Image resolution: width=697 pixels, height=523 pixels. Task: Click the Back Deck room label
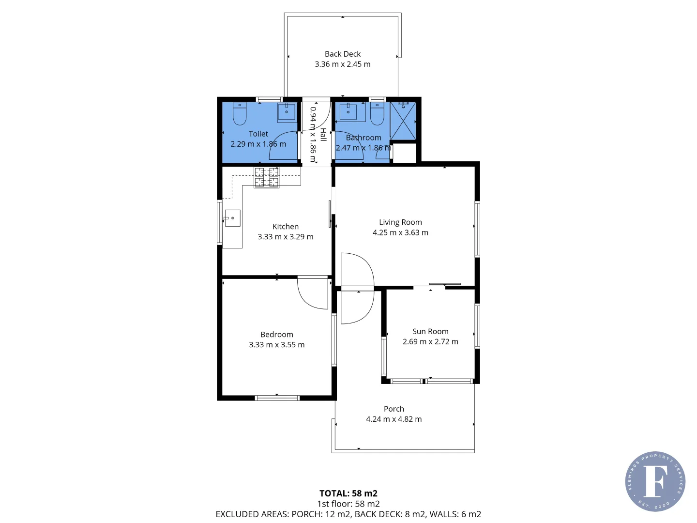[x=343, y=54]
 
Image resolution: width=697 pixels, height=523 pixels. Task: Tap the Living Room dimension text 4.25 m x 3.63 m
[x=400, y=232]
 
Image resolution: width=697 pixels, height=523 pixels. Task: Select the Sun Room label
[x=430, y=331]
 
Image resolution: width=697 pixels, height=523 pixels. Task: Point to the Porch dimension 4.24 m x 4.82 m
[x=394, y=419]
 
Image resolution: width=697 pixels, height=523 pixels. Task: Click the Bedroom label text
[x=276, y=335]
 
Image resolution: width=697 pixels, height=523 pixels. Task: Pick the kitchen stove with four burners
[x=267, y=177]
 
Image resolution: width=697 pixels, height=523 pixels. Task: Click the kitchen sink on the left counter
[x=232, y=218]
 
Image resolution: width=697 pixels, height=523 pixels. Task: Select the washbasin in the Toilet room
[x=287, y=112]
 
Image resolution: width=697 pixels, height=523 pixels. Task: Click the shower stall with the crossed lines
[x=403, y=121]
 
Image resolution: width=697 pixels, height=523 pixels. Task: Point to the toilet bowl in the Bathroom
[x=377, y=114]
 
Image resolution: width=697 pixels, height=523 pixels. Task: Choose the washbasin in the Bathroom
[x=348, y=112]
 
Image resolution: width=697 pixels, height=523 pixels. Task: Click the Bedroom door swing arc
[x=312, y=293]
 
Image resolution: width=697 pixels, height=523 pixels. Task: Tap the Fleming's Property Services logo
[x=655, y=481]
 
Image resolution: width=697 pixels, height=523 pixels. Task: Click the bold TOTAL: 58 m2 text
[x=348, y=493]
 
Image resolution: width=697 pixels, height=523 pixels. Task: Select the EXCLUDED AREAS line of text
[x=348, y=514]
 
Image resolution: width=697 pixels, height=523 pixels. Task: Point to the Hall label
[x=323, y=135]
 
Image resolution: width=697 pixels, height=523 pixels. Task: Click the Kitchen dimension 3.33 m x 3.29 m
[x=286, y=237]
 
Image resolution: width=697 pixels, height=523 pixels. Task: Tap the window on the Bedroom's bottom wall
[x=277, y=398]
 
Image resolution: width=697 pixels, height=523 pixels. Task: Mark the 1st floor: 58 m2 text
[x=348, y=504]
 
